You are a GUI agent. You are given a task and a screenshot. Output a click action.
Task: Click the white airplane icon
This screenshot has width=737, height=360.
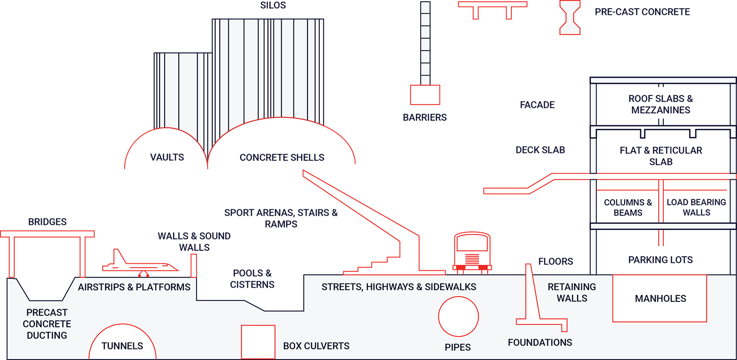(x=139, y=266)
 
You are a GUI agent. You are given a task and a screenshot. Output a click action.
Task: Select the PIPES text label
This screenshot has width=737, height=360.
(x=458, y=347)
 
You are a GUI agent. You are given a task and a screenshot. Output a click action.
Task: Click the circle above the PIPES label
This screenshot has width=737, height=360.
(x=458, y=317)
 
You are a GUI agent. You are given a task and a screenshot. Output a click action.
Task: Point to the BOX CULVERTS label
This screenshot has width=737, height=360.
(x=316, y=346)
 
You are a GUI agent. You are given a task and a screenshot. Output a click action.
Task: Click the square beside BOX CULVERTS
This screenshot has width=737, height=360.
(x=258, y=342)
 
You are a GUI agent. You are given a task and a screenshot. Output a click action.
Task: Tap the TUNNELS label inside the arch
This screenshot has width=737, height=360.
(x=122, y=346)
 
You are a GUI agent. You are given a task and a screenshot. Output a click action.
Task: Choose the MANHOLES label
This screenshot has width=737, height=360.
(x=660, y=299)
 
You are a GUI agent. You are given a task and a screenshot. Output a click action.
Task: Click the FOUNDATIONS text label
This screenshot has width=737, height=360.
(x=540, y=342)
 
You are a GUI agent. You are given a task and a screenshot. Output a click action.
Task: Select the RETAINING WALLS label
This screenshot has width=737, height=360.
(x=572, y=293)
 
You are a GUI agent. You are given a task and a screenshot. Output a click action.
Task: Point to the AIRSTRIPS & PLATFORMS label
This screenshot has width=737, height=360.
(x=134, y=287)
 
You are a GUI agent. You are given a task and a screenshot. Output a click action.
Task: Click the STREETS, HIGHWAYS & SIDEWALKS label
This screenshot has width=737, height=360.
(x=399, y=287)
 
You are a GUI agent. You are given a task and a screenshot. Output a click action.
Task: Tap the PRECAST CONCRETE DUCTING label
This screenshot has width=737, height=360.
(x=47, y=324)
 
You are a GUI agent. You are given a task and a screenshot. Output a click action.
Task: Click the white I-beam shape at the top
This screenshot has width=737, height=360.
(x=570, y=17)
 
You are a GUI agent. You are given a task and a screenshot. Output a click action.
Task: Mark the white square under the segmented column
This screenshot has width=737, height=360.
(x=425, y=95)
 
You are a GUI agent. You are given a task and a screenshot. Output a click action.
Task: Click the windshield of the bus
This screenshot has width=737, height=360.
(x=472, y=244)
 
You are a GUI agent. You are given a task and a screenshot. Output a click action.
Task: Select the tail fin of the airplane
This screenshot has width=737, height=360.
(x=119, y=258)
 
